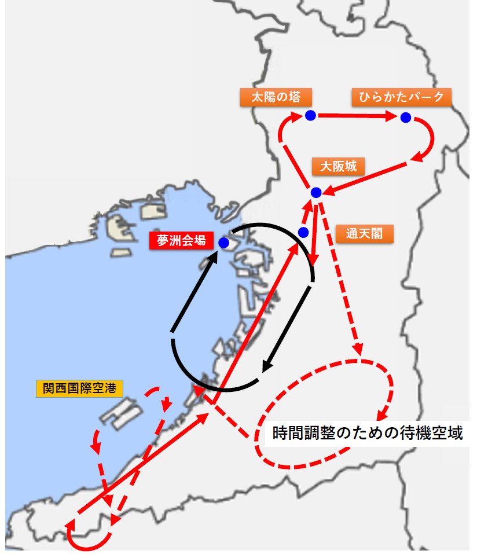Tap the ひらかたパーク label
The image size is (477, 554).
pyautogui.click(x=401, y=97)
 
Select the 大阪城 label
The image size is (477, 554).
pyautogui.click(x=338, y=167)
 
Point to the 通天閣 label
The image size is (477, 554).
pyautogui.click(x=364, y=233)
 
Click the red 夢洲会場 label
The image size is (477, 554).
pyautogui.click(x=181, y=240)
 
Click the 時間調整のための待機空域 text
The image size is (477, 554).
pyautogui.click(x=368, y=433)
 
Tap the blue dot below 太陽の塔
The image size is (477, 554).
pyautogui.click(x=310, y=115)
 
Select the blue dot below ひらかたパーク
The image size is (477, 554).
pyautogui.click(x=406, y=118)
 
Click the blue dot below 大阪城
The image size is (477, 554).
pyautogui.click(x=316, y=192)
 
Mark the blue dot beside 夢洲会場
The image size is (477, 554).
pyautogui.click(x=223, y=244)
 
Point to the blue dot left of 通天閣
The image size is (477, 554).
pyautogui.click(x=302, y=232)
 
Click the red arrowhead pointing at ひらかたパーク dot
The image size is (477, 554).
pyautogui.click(x=394, y=117)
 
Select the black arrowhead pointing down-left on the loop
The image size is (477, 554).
pyautogui.click(x=266, y=366)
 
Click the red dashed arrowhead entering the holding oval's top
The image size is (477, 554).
pyautogui.click(x=358, y=349)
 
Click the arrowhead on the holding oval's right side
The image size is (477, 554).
pyautogui.click(x=382, y=415)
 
